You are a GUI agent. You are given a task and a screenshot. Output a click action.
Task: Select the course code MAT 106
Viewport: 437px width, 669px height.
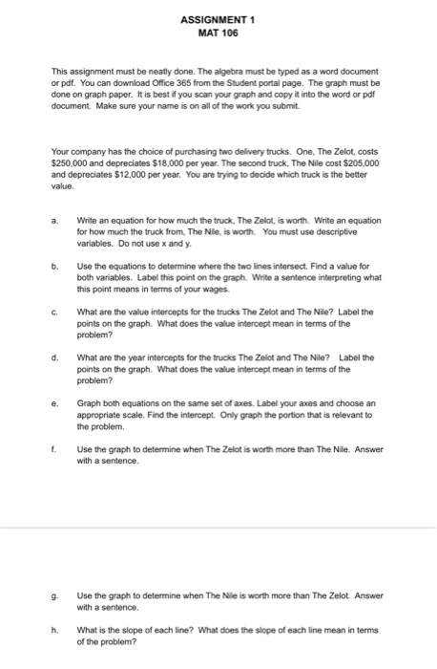(x=218, y=32)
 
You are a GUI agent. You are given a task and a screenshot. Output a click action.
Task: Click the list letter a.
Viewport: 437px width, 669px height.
(x=56, y=220)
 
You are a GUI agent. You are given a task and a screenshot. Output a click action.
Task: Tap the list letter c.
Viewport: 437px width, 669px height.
(x=56, y=308)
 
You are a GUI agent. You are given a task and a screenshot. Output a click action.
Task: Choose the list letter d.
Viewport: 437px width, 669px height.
(x=56, y=356)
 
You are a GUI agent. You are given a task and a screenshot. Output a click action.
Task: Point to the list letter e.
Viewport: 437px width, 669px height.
(x=56, y=405)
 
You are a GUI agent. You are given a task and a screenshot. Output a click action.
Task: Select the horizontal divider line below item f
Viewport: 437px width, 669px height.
(x=218, y=527)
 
